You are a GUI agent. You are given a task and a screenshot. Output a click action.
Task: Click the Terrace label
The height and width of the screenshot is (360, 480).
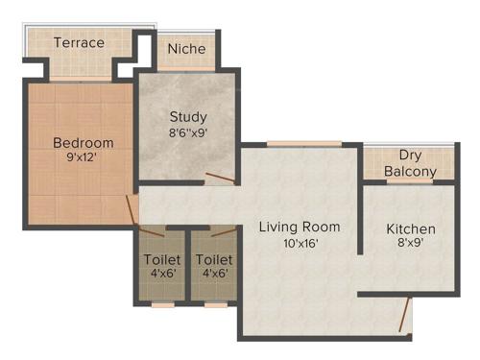click(x=79, y=43)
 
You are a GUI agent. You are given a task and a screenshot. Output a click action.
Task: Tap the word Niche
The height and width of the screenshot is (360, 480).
click(x=186, y=49)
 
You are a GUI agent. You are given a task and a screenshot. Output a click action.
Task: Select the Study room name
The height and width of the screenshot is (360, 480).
click(x=189, y=118)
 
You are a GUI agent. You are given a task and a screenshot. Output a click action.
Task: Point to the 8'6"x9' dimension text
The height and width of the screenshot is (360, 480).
click(x=189, y=135)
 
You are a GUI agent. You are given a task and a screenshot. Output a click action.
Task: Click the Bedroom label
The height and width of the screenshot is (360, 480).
click(x=83, y=143)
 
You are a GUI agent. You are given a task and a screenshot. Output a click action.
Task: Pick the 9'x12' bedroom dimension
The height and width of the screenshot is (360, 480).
click(x=83, y=159)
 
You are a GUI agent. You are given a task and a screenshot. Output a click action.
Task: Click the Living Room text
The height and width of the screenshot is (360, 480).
click(x=300, y=228)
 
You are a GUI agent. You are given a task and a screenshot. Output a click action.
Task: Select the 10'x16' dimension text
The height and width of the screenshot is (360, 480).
click(x=300, y=244)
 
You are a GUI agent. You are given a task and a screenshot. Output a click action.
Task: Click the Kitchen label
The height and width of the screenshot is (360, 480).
click(x=411, y=229)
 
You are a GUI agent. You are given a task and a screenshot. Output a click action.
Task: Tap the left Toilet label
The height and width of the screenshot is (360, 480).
click(x=161, y=260)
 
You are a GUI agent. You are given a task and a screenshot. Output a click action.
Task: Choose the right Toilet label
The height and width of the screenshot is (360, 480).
click(x=213, y=260)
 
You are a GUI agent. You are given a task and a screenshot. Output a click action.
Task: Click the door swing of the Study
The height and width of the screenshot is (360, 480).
click(x=218, y=179)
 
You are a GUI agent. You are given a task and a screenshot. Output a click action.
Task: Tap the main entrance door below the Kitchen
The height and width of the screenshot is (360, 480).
click(x=406, y=315)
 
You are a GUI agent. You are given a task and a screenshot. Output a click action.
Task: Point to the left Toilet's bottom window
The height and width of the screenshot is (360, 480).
click(x=162, y=304)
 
